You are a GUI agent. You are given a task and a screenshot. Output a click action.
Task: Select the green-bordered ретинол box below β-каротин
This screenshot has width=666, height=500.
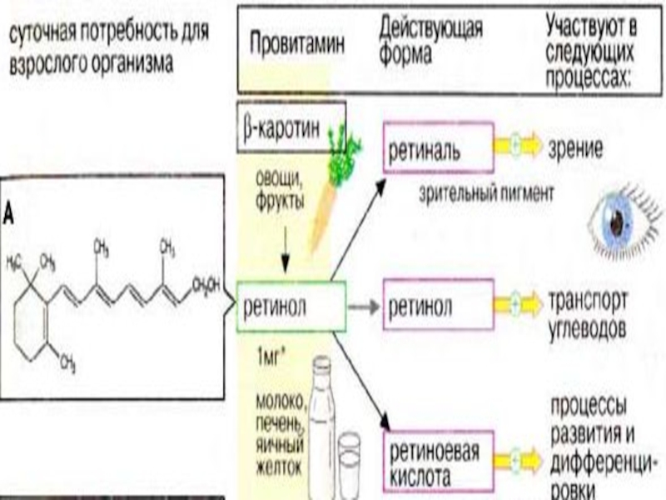[x=291, y=306]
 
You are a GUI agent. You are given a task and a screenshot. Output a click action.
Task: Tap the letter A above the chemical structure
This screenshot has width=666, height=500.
[x=7, y=214]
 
